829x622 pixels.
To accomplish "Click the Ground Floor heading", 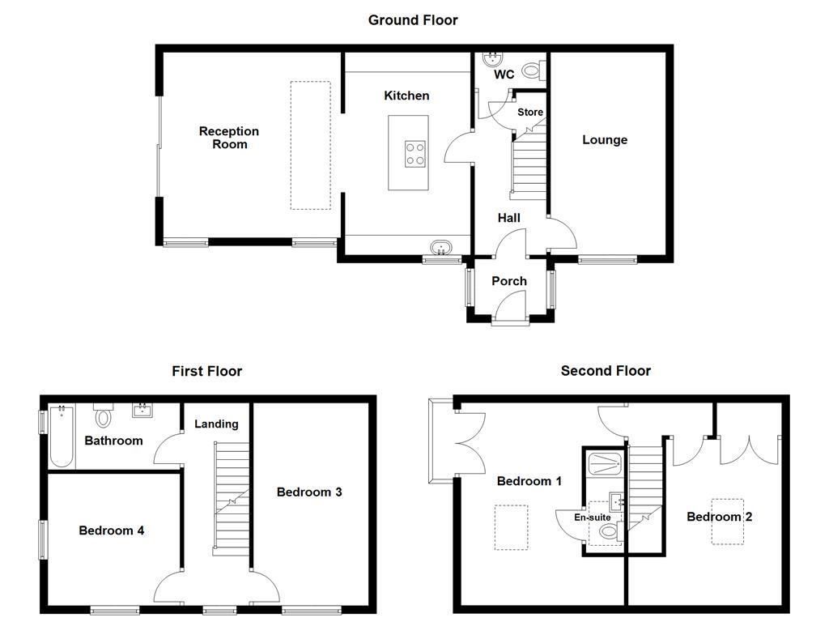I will (x=413, y=19).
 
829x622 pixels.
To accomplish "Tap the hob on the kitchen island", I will (x=415, y=153).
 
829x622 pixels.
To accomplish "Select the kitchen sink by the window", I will (x=441, y=247).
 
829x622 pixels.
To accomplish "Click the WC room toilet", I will (x=532, y=71).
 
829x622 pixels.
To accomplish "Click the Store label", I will (x=530, y=112).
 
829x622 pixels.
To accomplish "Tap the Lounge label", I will (x=605, y=139).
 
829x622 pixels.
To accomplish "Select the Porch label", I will (x=509, y=281).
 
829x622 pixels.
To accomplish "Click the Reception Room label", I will (x=229, y=138).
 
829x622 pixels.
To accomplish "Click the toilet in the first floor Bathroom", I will (x=103, y=416).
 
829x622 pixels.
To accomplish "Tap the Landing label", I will (x=216, y=424).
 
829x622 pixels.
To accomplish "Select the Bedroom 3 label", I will (x=309, y=492).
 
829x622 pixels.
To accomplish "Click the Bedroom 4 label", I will (x=112, y=530).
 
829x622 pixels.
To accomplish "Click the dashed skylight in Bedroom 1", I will (x=511, y=528).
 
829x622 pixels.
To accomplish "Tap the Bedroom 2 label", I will (x=720, y=517).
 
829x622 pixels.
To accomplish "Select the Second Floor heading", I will (x=606, y=371).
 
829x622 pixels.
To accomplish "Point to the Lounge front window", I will (x=607, y=260).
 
